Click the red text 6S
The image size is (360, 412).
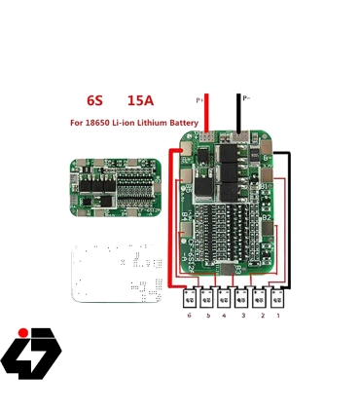coord(94,100)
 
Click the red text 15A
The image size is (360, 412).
coord(139,100)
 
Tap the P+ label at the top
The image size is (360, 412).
coord(199,99)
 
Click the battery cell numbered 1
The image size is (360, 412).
coord(278,297)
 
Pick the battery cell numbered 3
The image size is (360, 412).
coord(242,297)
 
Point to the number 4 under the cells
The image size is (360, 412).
coord(224,317)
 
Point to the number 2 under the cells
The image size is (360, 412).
coord(260,317)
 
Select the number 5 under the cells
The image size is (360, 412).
coord(206,317)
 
